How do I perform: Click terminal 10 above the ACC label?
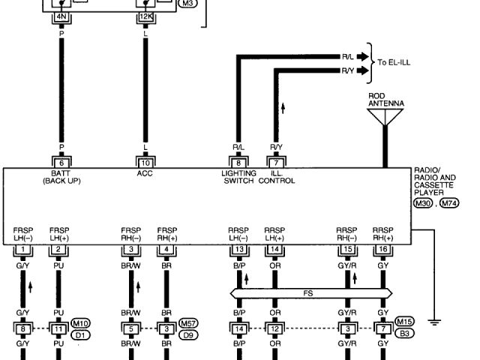pyautogui.click(x=144, y=162)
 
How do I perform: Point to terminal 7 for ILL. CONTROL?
pyautogui.click(x=277, y=162)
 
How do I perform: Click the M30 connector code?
pyautogui.click(x=423, y=203)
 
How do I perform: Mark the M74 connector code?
pyautogui.click(x=449, y=203)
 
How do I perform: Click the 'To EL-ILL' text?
pyautogui.click(x=398, y=63)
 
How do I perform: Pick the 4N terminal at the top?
pyautogui.click(x=59, y=13)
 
